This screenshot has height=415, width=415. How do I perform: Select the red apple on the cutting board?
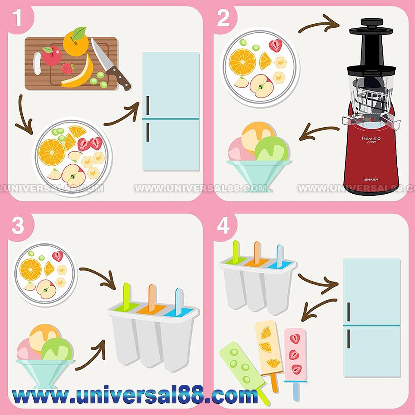(51, 56)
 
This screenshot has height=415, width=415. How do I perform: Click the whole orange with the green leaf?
(75, 42)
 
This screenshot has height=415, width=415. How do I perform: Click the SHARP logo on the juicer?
(371, 179)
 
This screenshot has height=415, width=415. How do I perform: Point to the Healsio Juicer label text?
(371, 139)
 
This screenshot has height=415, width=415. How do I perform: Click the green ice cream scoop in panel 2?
(271, 149)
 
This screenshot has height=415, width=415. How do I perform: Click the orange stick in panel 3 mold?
(152, 298)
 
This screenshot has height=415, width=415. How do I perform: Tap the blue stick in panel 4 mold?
(280, 256)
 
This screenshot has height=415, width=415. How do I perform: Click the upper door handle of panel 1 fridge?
(148, 105)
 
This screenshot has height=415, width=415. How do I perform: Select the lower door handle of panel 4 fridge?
(349, 339)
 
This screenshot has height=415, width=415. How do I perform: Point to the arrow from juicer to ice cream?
(318, 131)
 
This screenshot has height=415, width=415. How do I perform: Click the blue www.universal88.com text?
(135, 395)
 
